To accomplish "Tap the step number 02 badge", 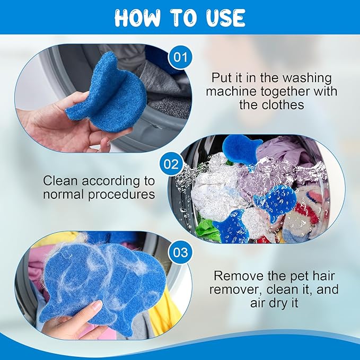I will coord(171,164).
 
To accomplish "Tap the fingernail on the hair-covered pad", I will coord(96,306).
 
